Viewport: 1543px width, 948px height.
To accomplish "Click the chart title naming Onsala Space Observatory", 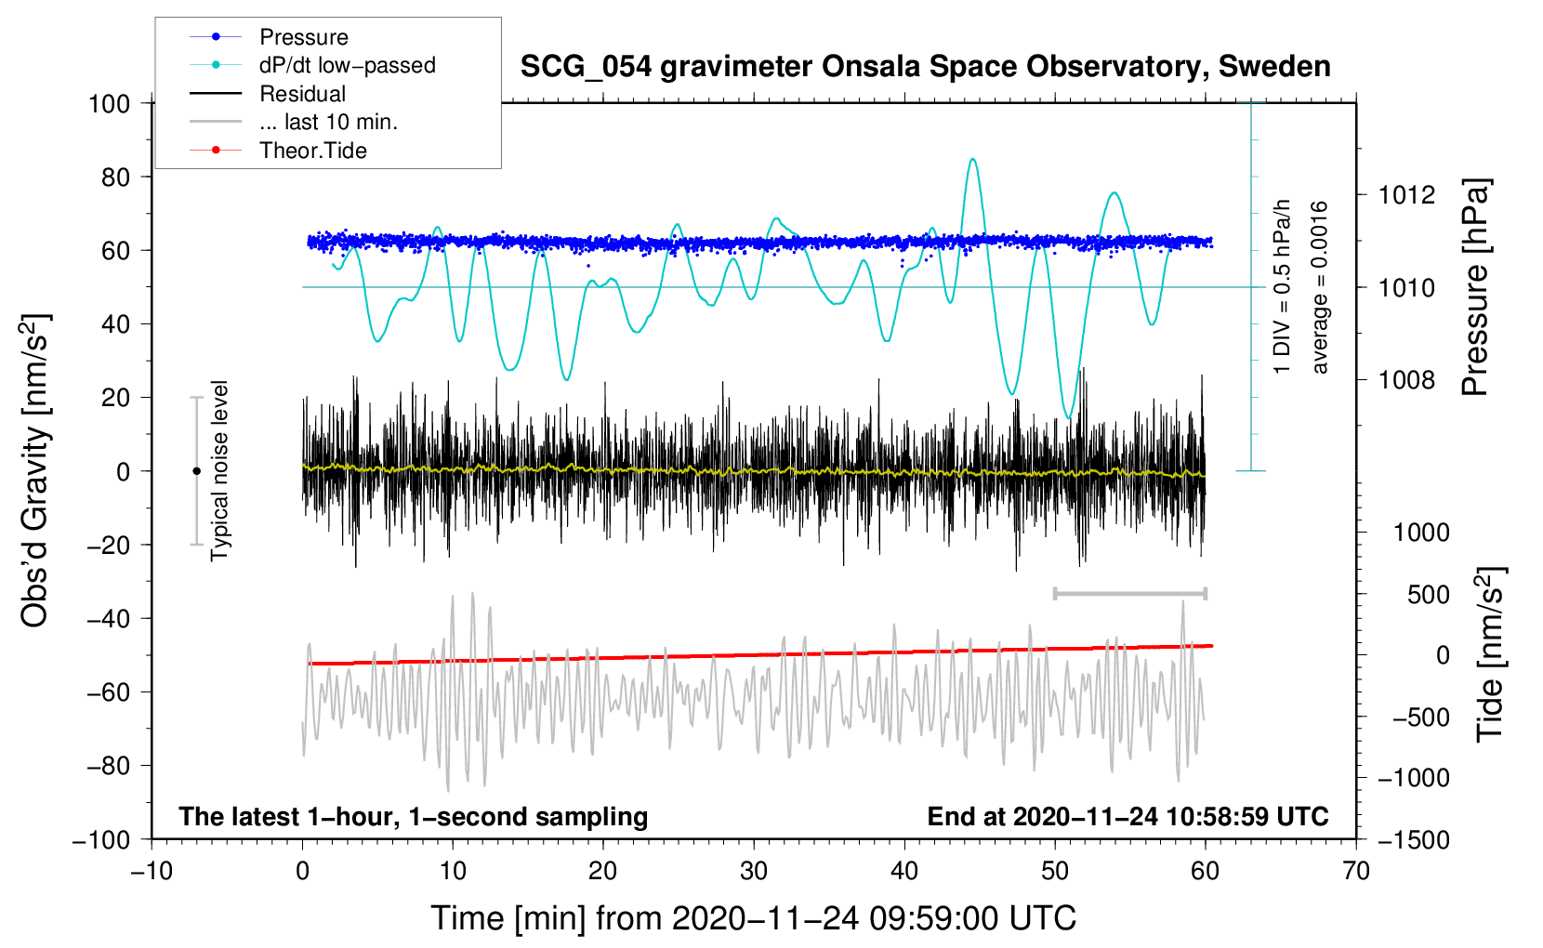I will pyautogui.click(x=925, y=67).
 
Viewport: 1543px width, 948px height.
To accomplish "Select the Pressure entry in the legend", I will pyautogui.click(x=303, y=37).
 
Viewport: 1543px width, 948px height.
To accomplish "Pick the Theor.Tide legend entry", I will pyautogui.click(x=312, y=151).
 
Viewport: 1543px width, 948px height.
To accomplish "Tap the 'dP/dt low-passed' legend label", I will pyautogui.click(x=347, y=65).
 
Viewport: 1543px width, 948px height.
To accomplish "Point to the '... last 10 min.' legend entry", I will pyautogui.click(x=328, y=122).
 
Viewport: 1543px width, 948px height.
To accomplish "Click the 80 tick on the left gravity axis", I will pyautogui.click(x=115, y=177).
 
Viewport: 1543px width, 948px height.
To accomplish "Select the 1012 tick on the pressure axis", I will pyautogui.click(x=1406, y=195).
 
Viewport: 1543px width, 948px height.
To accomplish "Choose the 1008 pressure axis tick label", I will pyautogui.click(x=1406, y=379).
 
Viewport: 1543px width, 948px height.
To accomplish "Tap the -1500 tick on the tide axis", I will pyautogui.click(x=1413, y=839).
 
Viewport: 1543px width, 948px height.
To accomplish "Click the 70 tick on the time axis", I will pyautogui.click(x=1356, y=871).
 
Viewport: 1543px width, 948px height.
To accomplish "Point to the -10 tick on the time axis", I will pyautogui.click(x=152, y=871).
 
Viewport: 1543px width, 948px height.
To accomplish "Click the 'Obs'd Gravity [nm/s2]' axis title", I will pyautogui.click(x=34, y=470).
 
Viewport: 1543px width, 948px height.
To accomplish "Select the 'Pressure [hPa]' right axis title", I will pyautogui.click(x=1475, y=288).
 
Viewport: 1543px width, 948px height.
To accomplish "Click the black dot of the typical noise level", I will pyautogui.click(x=196, y=471).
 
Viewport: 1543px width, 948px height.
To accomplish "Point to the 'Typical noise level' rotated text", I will pyautogui.click(x=219, y=470).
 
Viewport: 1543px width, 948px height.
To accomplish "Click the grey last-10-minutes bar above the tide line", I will pyautogui.click(x=1129, y=593).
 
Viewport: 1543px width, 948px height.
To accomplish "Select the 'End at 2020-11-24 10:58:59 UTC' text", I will pyautogui.click(x=1128, y=816).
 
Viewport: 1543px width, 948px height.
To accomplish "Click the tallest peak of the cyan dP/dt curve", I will pyautogui.click(x=972, y=159).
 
